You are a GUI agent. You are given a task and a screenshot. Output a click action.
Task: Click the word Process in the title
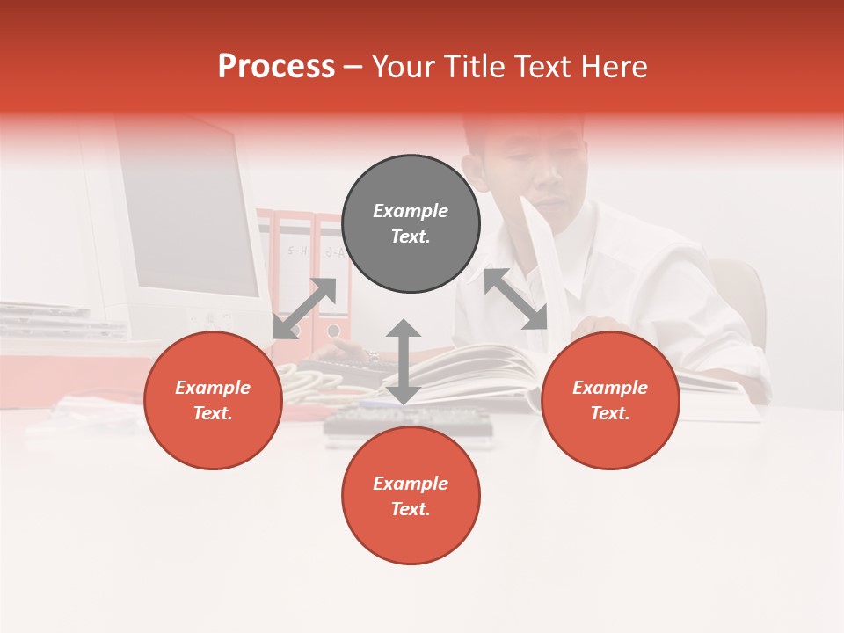pos(276,67)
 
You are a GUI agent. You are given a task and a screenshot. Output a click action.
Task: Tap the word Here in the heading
pos(615,67)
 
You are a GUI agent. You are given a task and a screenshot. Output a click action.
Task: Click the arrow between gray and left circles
pos(305,309)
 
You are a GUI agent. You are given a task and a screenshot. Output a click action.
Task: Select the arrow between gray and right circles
pos(515,299)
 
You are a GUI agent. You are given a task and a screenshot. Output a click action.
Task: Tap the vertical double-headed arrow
pos(404,361)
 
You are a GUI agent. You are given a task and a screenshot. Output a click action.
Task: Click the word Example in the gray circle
pos(411,211)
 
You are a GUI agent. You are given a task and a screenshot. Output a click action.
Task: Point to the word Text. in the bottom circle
pos(411,509)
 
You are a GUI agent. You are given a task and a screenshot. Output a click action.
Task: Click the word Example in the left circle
pos(213,388)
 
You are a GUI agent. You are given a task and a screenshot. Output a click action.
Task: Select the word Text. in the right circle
pos(610,413)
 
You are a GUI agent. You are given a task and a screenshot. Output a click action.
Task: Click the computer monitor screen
pos(189,211)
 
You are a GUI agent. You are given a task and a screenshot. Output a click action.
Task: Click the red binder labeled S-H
pos(295,264)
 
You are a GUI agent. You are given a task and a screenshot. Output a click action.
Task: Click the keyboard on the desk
pos(409,423)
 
